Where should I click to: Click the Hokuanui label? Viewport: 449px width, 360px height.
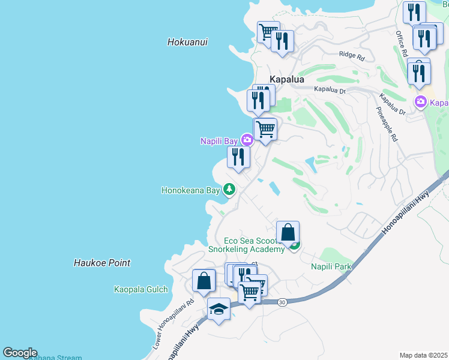click(187, 42)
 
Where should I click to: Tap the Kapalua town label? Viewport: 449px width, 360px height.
click(286, 79)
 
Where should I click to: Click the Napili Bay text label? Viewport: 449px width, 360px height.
click(219, 141)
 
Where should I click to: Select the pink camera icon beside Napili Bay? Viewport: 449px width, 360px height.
click(247, 140)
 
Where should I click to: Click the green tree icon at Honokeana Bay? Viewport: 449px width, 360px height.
click(229, 190)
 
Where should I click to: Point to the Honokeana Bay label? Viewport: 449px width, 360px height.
click(191, 191)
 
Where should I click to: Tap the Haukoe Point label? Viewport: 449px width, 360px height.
click(102, 263)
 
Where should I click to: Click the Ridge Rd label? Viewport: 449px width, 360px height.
click(352, 56)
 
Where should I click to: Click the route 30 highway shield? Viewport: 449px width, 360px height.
click(282, 302)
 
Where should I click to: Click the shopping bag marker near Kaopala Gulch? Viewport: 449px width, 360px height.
click(204, 280)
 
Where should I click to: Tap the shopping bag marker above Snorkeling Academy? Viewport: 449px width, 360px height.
click(288, 232)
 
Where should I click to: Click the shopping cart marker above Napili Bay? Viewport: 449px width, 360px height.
click(265, 129)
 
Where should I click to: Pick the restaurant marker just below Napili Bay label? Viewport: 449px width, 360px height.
click(238, 157)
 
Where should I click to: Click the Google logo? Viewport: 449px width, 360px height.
click(20, 353)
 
